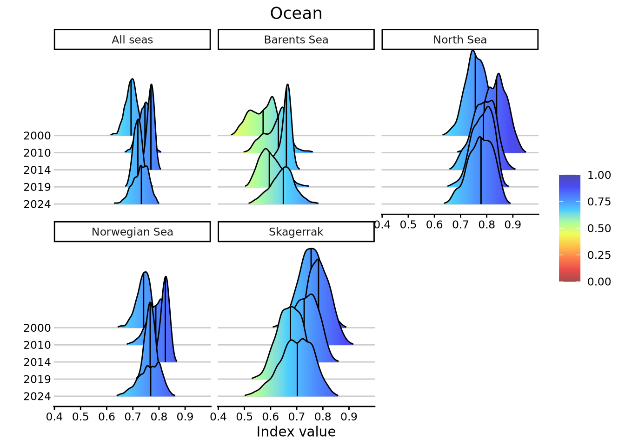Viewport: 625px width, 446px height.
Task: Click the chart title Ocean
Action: point(296,13)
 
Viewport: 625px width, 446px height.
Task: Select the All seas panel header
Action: point(132,40)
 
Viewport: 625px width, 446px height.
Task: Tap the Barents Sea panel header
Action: point(296,40)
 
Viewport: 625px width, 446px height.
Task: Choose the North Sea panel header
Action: point(459,40)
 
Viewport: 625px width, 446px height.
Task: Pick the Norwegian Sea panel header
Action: point(132,232)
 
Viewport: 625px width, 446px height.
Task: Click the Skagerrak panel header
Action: point(296,232)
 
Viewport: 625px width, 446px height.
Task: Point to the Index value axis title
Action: point(296,432)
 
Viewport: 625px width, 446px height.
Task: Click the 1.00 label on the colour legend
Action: point(599,175)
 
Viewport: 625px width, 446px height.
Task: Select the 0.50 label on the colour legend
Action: point(599,229)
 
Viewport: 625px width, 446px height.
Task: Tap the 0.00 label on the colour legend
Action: point(599,282)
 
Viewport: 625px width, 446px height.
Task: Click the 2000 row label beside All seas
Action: point(37,136)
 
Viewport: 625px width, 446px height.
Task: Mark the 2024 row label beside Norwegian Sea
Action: point(37,396)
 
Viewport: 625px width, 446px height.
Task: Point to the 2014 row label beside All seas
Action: point(37,170)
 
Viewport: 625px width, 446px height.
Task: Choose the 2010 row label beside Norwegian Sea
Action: point(37,345)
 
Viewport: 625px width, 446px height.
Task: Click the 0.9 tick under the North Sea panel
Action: point(513,225)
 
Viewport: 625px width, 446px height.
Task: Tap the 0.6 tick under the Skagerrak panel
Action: point(271,417)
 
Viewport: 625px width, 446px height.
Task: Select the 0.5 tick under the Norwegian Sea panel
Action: point(80,417)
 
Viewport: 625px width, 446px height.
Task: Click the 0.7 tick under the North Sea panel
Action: point(460,225)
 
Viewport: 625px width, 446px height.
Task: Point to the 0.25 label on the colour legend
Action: point(599,255)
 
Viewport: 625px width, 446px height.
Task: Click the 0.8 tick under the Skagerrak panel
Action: point(323,417)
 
